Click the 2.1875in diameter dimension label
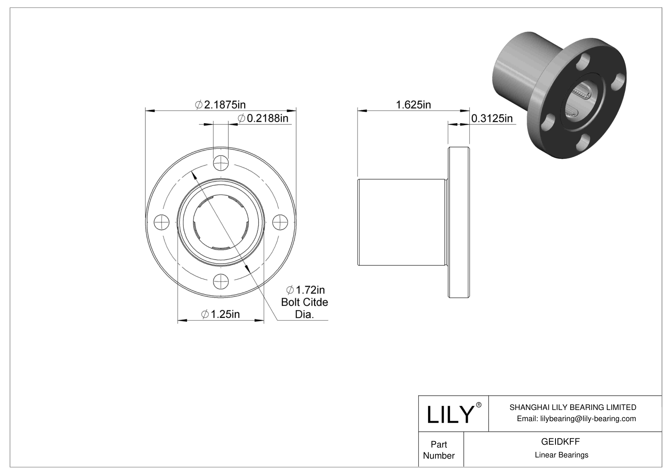(220, 105)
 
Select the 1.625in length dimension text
(413, 105)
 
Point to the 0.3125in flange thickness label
(492, 118)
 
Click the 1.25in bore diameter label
(221, 314)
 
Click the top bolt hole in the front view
(221, 162)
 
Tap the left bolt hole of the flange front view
(161, 222)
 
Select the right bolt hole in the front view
(281, 222)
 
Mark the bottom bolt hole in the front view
(221, 282)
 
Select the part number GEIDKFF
(560, 441)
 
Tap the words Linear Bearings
(561, 455)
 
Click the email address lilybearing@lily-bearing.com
(576, 418)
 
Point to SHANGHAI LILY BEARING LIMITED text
(573, 407)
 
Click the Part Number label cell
(439, 450)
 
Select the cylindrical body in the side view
(401, 223)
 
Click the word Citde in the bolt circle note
(316, 302)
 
